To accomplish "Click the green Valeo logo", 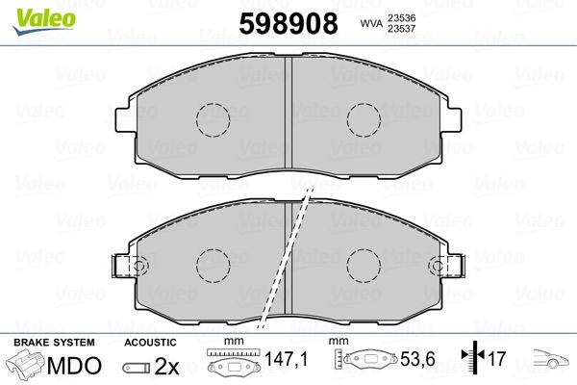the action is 44,22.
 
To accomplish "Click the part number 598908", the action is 288,23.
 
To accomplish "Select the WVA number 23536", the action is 401,17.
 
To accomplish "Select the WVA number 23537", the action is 401,29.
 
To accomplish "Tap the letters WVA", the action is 371,23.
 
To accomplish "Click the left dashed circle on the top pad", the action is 213,119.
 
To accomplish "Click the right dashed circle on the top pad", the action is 364,119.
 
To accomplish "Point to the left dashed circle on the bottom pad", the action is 213,266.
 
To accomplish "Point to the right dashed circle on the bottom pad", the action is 364,266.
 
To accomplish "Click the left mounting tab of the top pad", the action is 123,119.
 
